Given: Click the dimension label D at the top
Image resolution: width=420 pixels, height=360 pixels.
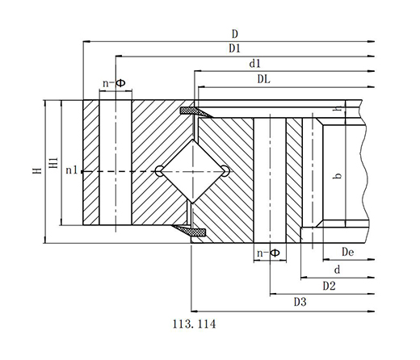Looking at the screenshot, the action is pos(235,34).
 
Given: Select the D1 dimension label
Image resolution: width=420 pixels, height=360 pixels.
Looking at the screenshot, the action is pos(234,48).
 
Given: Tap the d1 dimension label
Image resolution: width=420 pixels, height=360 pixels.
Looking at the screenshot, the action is pos(255,64).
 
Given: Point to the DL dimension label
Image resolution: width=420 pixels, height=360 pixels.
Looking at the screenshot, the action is pos(264,79).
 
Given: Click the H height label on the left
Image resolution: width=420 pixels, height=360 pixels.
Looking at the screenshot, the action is pos(37,170).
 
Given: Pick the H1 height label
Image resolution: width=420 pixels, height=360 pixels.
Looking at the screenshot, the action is pos(54,163).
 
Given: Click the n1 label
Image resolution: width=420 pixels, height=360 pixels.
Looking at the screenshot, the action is pos(72,170).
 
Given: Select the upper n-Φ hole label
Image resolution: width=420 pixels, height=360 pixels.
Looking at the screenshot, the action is pos(114,83).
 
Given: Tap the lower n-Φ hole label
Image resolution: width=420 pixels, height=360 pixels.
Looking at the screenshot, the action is pos(268,253).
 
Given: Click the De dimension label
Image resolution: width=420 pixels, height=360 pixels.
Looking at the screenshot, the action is pos(347,252).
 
